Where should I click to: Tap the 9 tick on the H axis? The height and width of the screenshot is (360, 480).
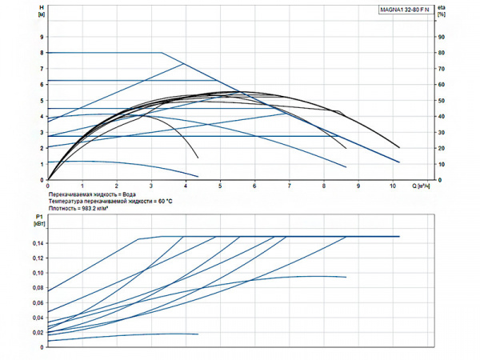41,37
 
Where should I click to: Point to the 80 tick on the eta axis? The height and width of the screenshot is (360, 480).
441,53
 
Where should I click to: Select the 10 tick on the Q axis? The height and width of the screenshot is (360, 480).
392,186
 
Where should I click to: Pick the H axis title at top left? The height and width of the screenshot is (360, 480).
41,10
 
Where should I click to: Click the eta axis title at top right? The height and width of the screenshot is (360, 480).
442,10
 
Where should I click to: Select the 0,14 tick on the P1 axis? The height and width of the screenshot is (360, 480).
37,242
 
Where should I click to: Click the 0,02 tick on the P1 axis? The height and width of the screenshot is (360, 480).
37,332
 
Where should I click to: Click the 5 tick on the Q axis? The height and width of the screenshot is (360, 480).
220,186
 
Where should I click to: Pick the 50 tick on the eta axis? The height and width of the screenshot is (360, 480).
441,101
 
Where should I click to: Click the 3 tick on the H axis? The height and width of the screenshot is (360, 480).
41,133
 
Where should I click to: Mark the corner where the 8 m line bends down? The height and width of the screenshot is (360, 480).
162,53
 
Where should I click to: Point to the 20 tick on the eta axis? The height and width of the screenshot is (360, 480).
441,148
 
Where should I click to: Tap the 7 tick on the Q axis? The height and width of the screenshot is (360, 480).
289,186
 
